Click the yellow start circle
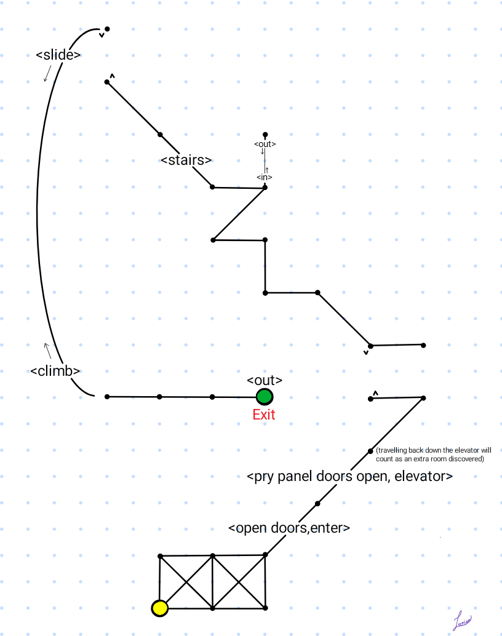tap(160, 608)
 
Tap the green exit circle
tap(265, 397)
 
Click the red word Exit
tap(264, 415)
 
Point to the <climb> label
tap(55, 371)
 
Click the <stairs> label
tap(186, 160)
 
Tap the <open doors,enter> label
tap(289, 528)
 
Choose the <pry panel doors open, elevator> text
tap(349, 477)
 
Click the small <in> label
tap(265, 177)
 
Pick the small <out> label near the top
tap(265, 144)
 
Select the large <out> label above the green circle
tap(265, 380)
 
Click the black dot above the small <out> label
tap(265, 134)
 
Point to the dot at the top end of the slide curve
tap(107, 29)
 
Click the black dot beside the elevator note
tap(370, 451)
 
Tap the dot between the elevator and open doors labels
tap(317, 504)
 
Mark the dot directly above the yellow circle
tap(160, 556)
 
